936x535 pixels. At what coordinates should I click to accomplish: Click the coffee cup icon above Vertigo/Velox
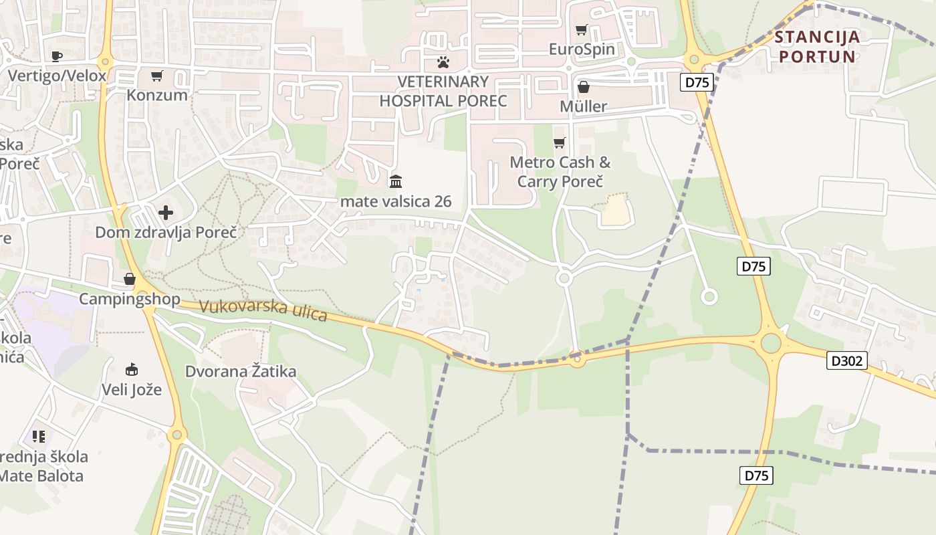[x=57, y=56]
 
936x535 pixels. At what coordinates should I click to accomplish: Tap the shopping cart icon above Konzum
[x=157, y=76]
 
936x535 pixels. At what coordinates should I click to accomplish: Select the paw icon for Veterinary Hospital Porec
[x=443, y=62]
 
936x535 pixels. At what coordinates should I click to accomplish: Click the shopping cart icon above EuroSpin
[x=582, y=29]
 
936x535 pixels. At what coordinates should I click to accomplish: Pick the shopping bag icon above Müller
[x=584, y=87]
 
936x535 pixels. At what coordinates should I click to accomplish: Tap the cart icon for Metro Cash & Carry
[x=560, y=142]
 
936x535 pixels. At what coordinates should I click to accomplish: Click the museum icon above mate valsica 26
[x=396, y=181]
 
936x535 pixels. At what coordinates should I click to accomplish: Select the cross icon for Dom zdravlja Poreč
[x=166, y=213]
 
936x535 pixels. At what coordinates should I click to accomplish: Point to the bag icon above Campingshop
[x=130, y=279]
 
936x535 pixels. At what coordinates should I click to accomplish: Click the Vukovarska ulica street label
[x=263, y=310]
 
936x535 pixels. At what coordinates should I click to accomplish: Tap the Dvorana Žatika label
[x=241, y=371]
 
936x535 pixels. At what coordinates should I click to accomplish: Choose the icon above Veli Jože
[x=132, y=369]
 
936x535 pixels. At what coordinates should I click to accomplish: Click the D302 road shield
[x=847, y=361]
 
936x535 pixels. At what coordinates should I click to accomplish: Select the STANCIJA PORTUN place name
[x=818, y=46]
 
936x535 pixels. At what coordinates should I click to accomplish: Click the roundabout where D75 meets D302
[x=771, y=344]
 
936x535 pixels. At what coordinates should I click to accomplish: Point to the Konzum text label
[x=157, y=95]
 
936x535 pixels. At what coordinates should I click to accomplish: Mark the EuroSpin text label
[x=582, y=49]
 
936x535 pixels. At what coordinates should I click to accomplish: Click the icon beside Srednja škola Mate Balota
[x=39, y=437]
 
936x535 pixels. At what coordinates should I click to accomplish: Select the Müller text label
[x=584, y=106]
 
